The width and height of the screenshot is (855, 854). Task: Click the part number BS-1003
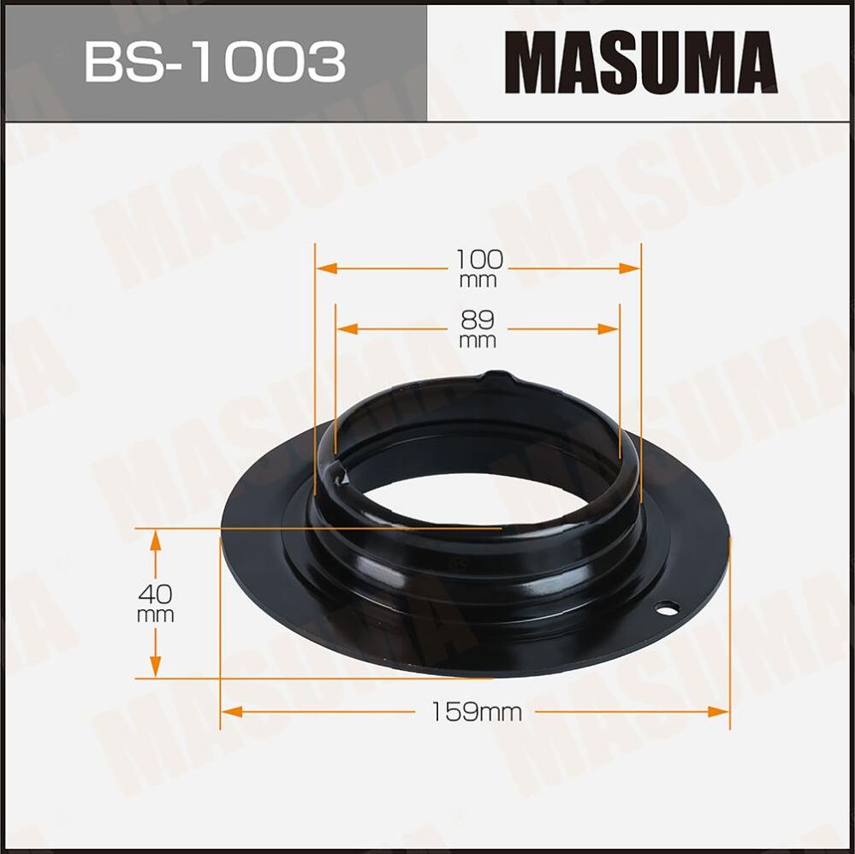tap(214, 62)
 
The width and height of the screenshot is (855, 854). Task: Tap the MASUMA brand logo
tap(640, 62)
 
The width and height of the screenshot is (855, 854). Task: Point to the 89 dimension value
tap(478, 319)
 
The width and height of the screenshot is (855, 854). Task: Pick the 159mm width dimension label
tap(477, 711)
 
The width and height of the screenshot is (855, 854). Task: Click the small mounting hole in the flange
tap(666, 608)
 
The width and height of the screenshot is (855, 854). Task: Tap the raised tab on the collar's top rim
tap(498, 377)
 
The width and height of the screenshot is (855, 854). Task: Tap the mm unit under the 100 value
tap(478, 280)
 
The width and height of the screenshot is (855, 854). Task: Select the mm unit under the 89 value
tap(478, 341)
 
